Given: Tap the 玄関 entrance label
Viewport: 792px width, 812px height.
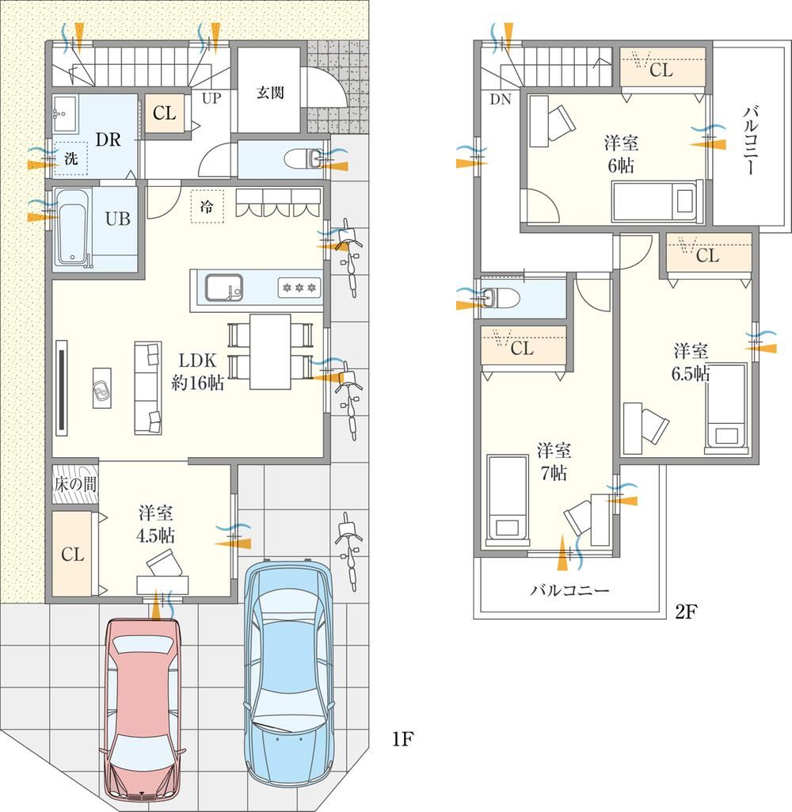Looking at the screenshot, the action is click(x=270, y=93).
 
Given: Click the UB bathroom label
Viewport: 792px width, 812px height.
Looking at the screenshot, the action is click(x=118, y=219).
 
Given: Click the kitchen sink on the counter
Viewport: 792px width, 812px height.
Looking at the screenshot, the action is click(x=223, y=288).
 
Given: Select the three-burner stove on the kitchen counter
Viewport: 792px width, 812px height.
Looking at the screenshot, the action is click(x=299, y=288).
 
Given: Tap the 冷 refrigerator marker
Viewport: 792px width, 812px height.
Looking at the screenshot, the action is click(x=207, y=207).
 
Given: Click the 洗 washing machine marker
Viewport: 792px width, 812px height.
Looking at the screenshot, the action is click(x=70, y=158).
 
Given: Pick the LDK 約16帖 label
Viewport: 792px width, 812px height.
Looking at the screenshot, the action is click(x=197, y=372).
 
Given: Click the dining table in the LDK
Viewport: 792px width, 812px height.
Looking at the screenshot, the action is click(x=270, y=352).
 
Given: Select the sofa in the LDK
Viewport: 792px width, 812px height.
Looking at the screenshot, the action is click(x=148, y=387).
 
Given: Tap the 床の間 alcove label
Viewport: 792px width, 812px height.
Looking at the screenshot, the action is click(x=75, y=485).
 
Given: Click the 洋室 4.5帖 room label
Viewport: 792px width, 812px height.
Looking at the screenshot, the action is click(x=155, y=524).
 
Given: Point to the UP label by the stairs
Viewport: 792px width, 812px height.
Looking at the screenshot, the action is click(x=211, y=98).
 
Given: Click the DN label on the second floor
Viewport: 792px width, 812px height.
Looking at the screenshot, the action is click(x=501, y=99).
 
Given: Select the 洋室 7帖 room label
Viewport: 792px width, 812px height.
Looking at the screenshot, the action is click(x=554, y=461).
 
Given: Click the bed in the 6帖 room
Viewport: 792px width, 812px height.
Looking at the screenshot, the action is click(x=657, y=201).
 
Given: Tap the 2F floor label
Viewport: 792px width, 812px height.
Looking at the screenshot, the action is click(x=686, y=612).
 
